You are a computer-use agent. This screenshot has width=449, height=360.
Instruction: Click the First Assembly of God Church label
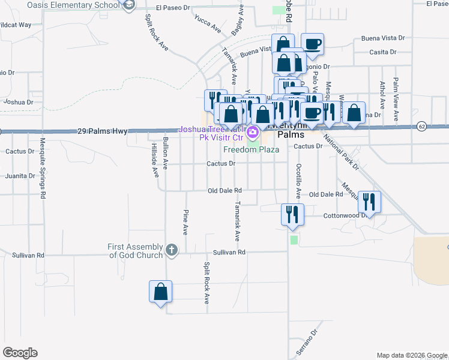point(135,251)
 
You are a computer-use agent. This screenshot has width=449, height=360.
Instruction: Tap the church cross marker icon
point(172,250)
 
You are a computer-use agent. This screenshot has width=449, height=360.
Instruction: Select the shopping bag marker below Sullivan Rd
point(160,292)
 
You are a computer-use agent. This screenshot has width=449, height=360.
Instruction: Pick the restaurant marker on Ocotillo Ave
point(292,215)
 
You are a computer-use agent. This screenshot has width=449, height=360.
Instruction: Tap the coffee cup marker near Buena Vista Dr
point(312,44)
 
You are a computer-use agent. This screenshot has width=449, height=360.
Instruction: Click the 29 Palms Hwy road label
point(103,131)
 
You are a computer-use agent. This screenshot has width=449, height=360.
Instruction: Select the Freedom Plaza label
point(252,149)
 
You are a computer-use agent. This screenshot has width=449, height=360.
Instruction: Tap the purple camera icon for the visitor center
point(253,131)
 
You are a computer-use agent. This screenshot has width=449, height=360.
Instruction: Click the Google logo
point(20,353)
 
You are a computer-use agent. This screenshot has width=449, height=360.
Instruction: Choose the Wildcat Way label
point(16,25)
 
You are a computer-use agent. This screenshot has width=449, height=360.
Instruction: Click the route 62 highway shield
point(422,127)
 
